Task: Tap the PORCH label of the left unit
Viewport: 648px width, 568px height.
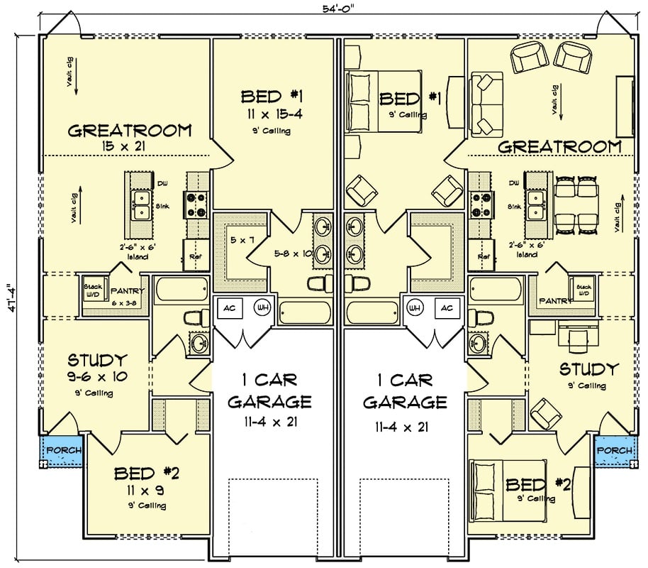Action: click(x=63, y=450)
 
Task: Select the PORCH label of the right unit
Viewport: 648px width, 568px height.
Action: click(x=613, y=450)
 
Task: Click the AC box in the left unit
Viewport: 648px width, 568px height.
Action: click(x=230, y=309)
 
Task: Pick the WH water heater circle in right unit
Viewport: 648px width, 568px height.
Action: click(x=414, y=309)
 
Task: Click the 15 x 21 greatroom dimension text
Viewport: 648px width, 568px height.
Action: click(x=129, y=146)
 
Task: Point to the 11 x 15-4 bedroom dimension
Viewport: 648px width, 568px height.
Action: click(x=272, y=114)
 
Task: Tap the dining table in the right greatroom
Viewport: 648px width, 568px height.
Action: click(x=576, y=204)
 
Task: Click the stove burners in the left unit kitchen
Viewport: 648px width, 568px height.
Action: click(x=196, y=204)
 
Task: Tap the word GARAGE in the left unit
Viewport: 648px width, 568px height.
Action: click(x=269, y=402)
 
